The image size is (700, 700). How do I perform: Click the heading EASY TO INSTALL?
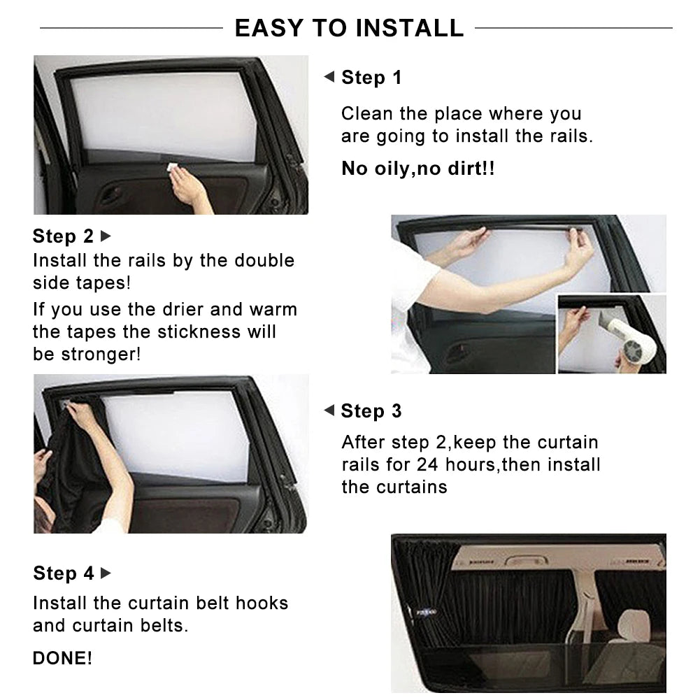click(349, 28)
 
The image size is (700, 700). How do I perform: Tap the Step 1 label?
click(371, 78)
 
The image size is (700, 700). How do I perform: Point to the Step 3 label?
click(371, 411)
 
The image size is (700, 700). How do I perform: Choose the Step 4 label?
click(63, 573)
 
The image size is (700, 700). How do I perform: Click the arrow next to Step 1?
click(329, 77)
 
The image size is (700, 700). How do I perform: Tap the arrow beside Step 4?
click(106, 573)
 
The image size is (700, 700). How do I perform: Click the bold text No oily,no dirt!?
click(417, 169)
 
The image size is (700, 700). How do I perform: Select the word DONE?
click(62, 658)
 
